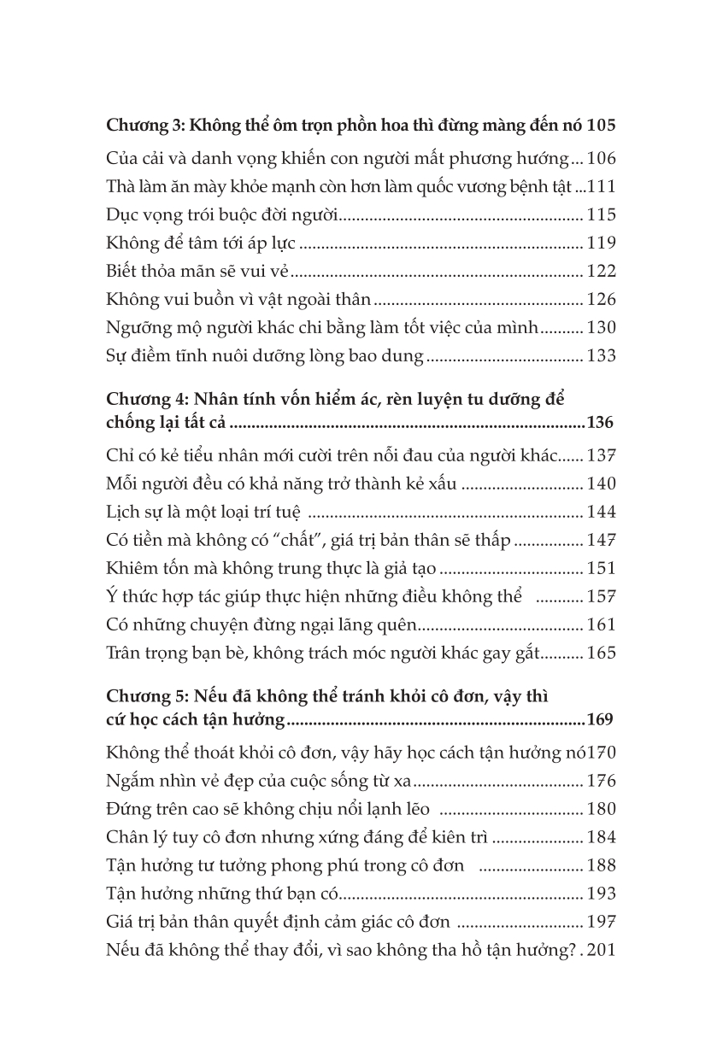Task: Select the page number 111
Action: [x=602, y=186]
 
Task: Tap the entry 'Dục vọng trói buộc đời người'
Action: [x=222, y=214]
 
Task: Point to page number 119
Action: [x=602, y=243]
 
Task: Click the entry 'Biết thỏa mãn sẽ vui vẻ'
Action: [x=199, y=272]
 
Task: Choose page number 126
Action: [x=602, y=300]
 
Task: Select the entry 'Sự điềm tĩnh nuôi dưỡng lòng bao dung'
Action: [x=265, y=356]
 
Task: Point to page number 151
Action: [x=602, y=568]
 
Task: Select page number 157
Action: [x=602, y=596]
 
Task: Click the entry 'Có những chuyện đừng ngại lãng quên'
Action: [x=262, y=625]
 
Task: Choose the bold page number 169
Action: [x=600, y=721]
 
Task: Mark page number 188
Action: [x=602, y=865]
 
